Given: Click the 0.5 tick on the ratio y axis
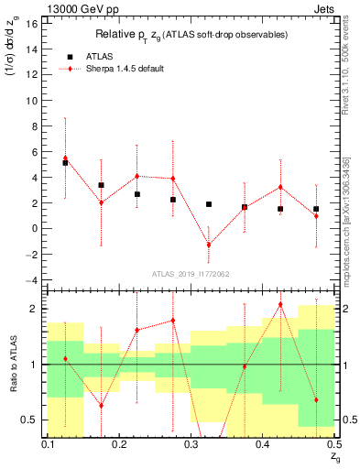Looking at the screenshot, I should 34,420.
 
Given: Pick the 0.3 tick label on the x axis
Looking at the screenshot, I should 191,444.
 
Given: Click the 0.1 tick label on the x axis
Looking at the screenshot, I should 48,444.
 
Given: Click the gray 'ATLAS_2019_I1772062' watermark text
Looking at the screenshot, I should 191,273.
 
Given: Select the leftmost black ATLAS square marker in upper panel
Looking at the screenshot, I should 65,162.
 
